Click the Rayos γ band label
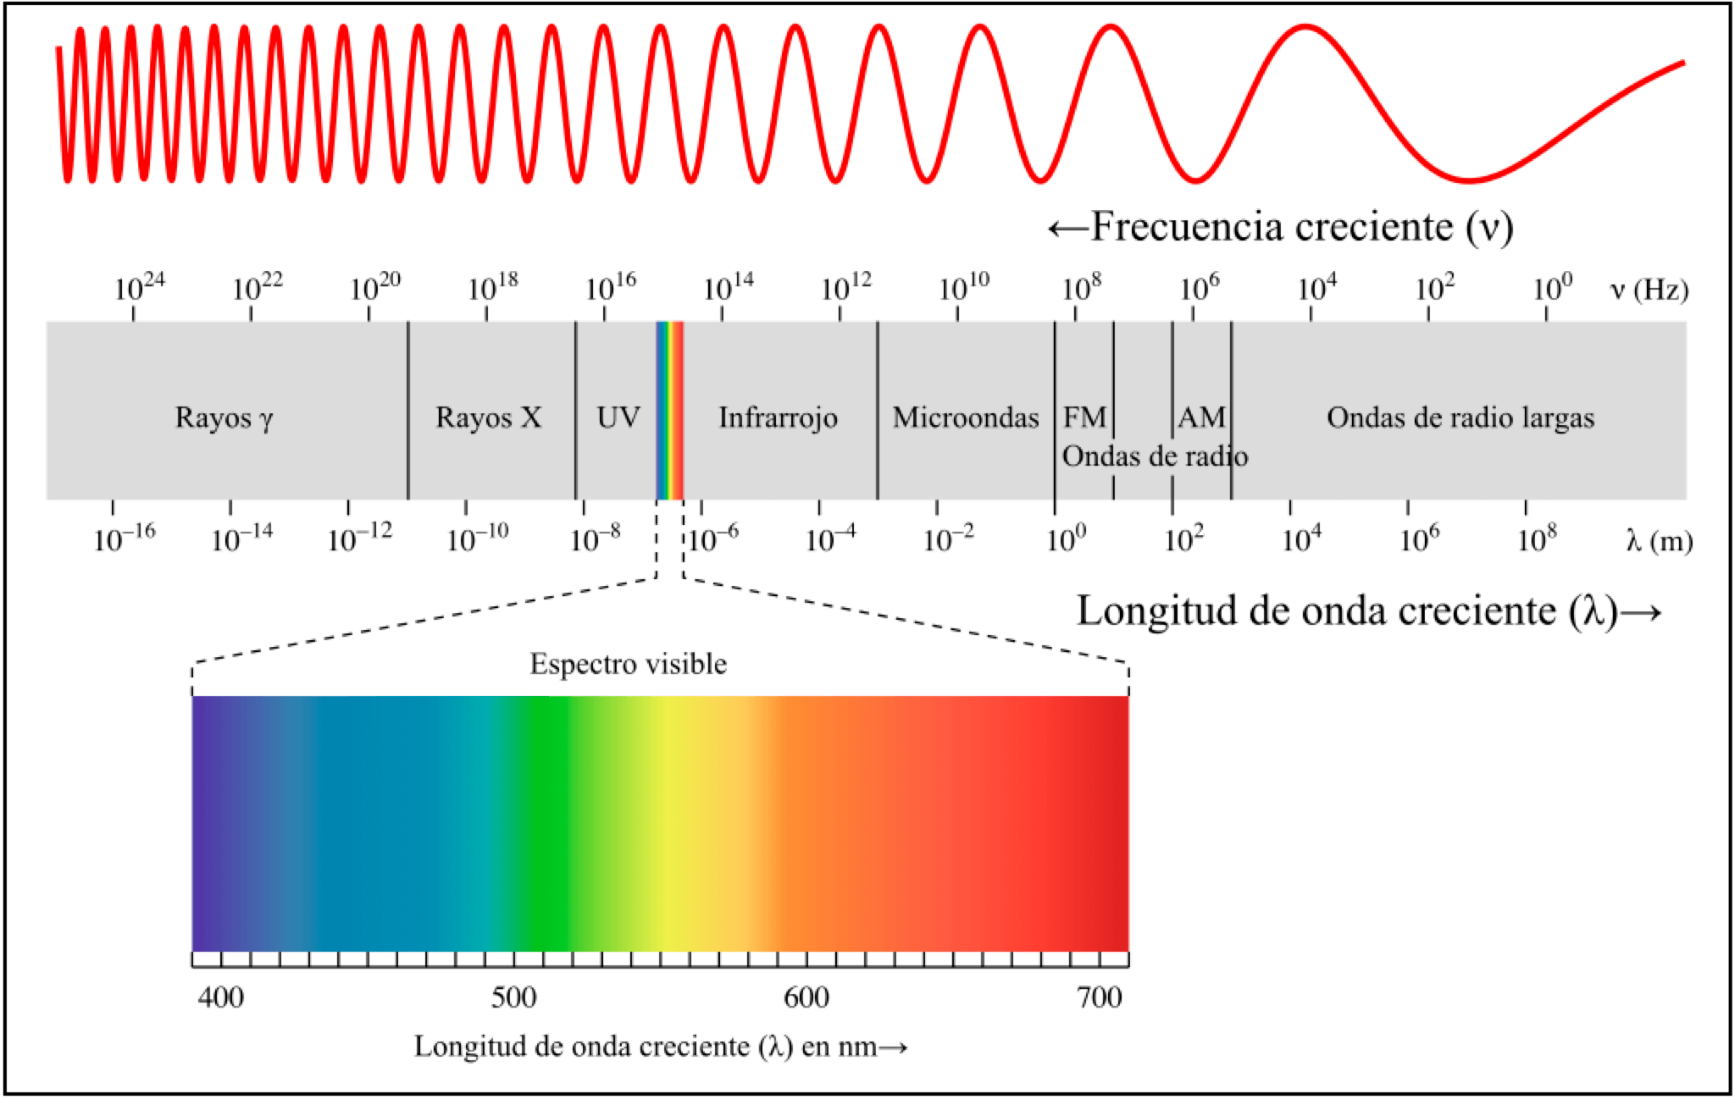(224, 418)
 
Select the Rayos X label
(488, 417)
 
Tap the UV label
(618, 417)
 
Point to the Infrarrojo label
(778, 417)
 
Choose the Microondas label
(965, 417)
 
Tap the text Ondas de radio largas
(1460, 417)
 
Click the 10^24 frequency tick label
(140, 288)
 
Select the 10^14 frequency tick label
(729, 288)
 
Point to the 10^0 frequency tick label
(1552, 288)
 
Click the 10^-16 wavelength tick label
(125, 538)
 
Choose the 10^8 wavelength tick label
(1537, 538)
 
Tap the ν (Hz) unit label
(1649, 290)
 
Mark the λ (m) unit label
(1659, 540)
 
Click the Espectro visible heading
(628, 664)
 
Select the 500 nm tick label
(513, 998)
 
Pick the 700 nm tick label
(1099, 998)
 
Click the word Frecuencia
(1186, 227)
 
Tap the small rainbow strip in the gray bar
(669, 411)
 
